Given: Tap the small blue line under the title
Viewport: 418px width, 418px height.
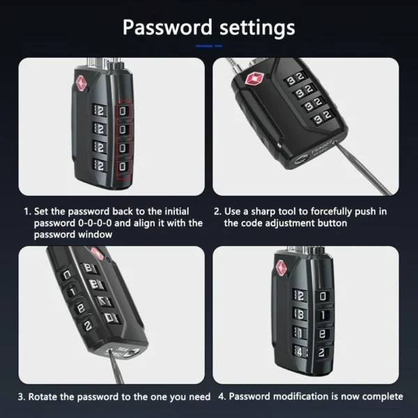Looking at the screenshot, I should [x=208, y=46].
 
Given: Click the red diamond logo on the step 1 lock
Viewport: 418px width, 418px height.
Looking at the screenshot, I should [x=82, y=82].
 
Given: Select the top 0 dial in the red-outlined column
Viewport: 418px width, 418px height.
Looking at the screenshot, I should [x=124, y=111].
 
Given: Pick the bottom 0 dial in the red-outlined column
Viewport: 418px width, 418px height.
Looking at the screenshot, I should [x=124, y=167].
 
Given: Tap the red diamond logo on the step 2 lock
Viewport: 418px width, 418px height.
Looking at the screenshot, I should [x=251, y=78].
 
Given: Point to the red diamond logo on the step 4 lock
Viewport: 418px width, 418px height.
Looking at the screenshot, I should [x=281, y=268].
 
